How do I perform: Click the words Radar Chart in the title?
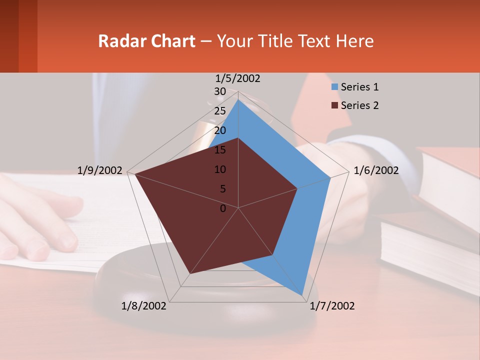[x=146, y=41]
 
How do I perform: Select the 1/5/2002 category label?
[x=238, y=78]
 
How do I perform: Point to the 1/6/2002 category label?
[x=376, y=170]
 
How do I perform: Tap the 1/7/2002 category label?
[x=332, y=306]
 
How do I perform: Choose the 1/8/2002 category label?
[x=144, y=306]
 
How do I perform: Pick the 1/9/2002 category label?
[x=100, y=170]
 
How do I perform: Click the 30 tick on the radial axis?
[x=220, y=91]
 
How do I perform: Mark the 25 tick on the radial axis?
[x=220, y=111]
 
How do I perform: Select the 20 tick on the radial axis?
[x=220, y=130]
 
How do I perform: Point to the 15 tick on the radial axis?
[x=220, y=150]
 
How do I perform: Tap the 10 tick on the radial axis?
[x=220, y=169]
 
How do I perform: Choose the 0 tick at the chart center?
[x=223, y=208]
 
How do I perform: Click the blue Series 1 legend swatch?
[x=334, y=87]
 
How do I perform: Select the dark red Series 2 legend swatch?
[x=334, y=105]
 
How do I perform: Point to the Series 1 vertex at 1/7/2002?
[x=302, y=295]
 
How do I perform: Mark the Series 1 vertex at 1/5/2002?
[x=238, y=99]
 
